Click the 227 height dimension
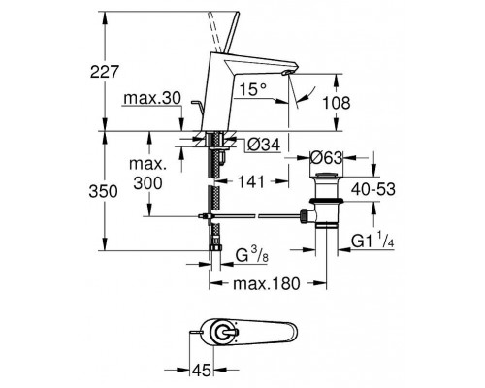click(105, 72)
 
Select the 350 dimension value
click(103, 191)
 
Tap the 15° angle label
click(253, 89)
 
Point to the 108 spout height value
click(337, 103)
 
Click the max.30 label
click(152, 98)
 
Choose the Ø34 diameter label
click(264, 145)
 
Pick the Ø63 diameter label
click(326, 158)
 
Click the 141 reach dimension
click(251, 182)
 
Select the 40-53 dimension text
click(373, 189)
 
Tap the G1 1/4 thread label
click(372, 241)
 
